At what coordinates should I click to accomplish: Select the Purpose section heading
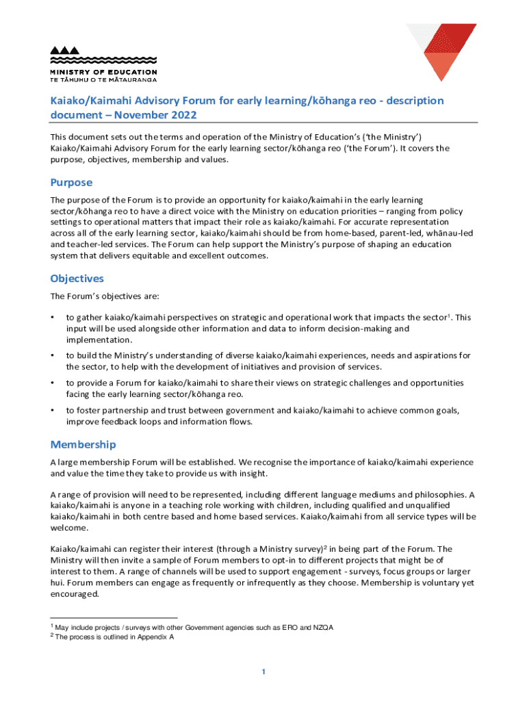point(71,183)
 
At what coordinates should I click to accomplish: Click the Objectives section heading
point(77,279)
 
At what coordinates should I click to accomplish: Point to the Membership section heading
point(83,445)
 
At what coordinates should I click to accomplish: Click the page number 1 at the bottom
point(263,672)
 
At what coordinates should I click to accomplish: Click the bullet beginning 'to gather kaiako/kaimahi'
point(53,318)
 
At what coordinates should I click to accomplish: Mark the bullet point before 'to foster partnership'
point(53,410)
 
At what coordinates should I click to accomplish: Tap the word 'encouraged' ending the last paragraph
point(74,594)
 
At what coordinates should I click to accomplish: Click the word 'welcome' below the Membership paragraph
point(68,528)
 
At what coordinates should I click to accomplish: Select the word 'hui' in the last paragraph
point(60,583)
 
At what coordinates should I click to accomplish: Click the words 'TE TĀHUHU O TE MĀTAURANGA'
point(103,79)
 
